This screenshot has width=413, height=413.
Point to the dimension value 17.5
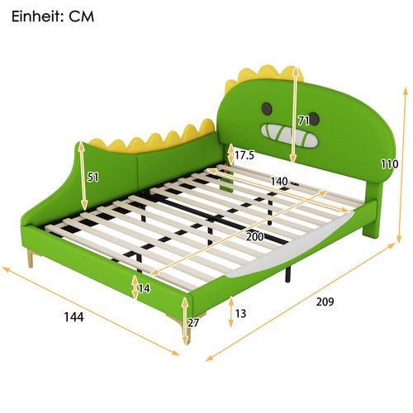(x=244, y=155)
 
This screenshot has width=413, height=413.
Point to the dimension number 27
(x=193, y=323)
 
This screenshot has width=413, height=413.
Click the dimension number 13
(x=240, y=314)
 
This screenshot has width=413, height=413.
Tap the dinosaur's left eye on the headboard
(x=268, y=107)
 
